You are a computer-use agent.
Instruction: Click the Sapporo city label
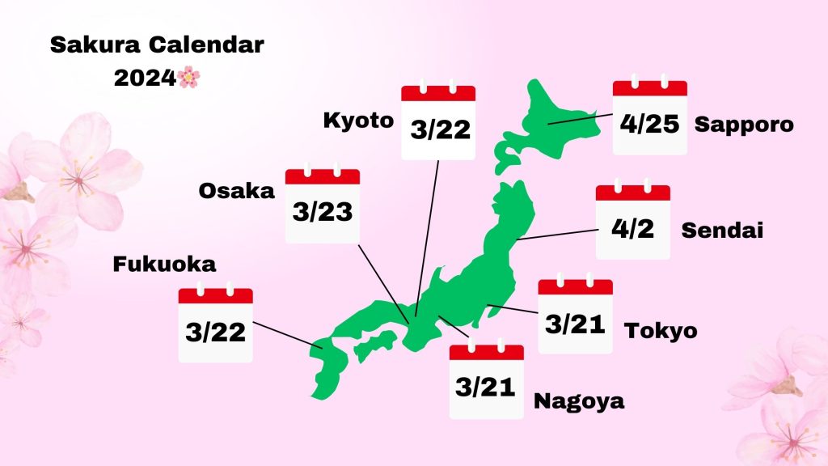[x=744, y=125]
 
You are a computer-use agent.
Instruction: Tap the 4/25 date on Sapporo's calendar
[x=649, y=124]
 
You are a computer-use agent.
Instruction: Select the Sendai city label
[x=722, y=230]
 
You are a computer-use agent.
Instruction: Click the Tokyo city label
[x=661, y=330]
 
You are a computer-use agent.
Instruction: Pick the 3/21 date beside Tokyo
[x=575, y=324]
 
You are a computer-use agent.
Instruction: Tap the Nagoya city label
[x=579, y=400]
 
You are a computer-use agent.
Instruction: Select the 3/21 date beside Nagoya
[x=486, y=388]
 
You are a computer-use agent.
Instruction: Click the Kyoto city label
[x=358, y=121]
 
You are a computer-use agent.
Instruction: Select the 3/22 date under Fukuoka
[x=215, y=331]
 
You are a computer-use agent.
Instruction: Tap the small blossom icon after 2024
[x=188, y=78]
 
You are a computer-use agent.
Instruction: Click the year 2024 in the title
[x=144, y=78]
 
